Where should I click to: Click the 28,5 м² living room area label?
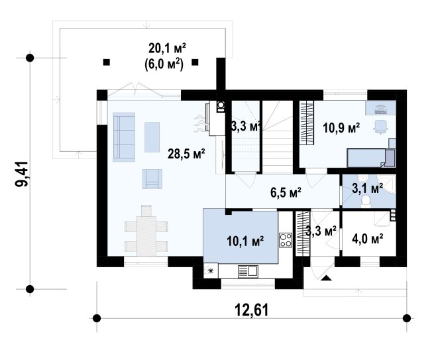(186, 154)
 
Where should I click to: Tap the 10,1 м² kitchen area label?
(245, 241)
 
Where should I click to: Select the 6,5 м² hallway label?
(286, 192)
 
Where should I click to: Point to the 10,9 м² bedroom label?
(341, 128)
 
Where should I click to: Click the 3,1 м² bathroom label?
(368, 188)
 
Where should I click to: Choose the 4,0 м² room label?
(368, 238)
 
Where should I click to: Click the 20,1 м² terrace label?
(167, 48)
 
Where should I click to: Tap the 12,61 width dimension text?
(252, 310)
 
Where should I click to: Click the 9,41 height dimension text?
(22, 174)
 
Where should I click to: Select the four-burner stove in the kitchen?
(286, 240)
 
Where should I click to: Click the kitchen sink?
(248, 271)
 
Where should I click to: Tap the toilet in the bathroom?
(366, 200)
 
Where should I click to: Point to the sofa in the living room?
(124, 137)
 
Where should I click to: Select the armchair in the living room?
(152, 179)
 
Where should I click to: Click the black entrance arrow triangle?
(327, 278)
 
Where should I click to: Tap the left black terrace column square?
(107, 62)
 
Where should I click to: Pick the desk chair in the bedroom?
(380, 127)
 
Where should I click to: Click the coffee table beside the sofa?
(152, 137)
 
